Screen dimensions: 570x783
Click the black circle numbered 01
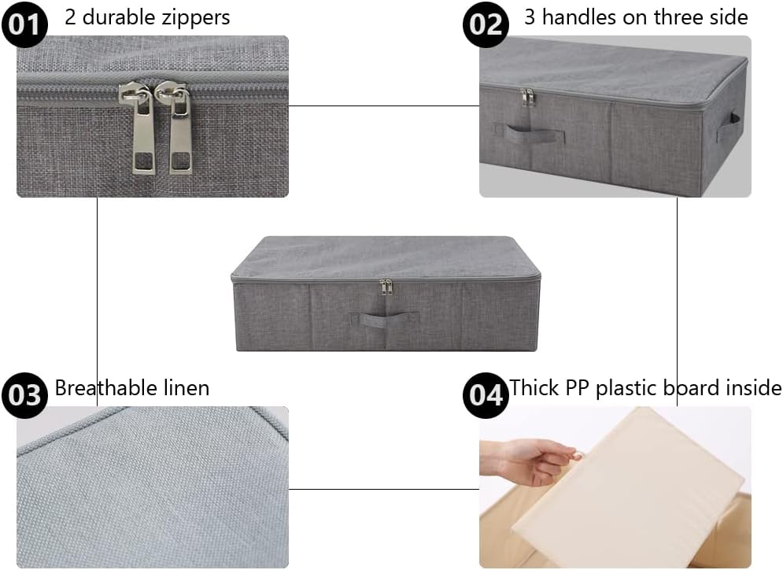[x=24, y=23]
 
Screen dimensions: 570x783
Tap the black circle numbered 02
[x=486, y=23]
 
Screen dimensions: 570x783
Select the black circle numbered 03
[x=24, y=394]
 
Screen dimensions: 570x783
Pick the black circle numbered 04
[x=486, y=394]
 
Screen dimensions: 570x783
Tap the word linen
[x=186, y=387]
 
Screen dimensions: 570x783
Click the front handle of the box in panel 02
[x=534, y=131]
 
